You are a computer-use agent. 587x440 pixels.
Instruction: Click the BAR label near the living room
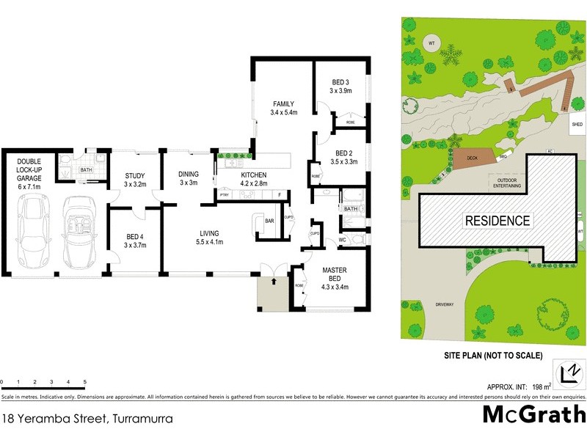(269, 220)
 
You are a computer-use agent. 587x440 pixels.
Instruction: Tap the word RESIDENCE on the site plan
(495, 220)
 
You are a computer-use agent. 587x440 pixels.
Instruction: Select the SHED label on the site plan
(577, 125)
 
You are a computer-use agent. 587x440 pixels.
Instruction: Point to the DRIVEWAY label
(445, 304)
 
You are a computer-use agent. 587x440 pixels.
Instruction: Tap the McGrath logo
(533, 414)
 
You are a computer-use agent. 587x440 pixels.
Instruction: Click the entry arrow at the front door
(274, 281)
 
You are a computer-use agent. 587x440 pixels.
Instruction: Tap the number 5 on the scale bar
(85, 382)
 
